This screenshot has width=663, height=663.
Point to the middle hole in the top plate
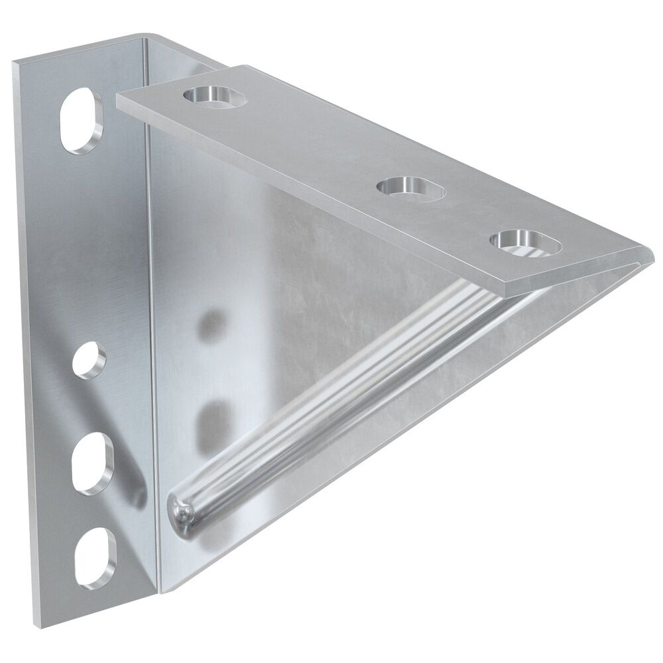tap(411, 188)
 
